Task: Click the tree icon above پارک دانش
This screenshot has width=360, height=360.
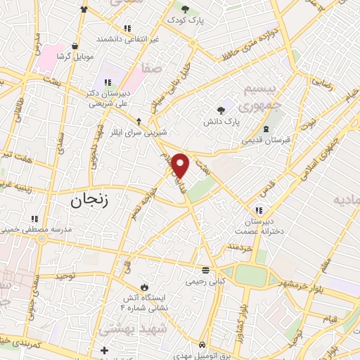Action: tap(221, 110)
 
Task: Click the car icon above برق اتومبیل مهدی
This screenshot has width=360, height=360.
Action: tap(202, 345)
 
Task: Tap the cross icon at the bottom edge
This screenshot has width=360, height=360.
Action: tap(105, 350)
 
